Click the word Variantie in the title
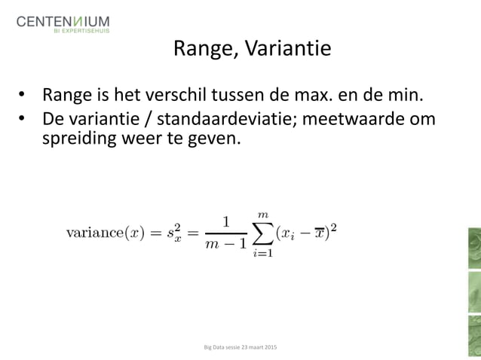(292, 49)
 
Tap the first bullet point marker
(23, 96)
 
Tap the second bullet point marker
(23, 120)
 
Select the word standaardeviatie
(203, 120)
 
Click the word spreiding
(75, 139)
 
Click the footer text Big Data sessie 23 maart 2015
(240, 347)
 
